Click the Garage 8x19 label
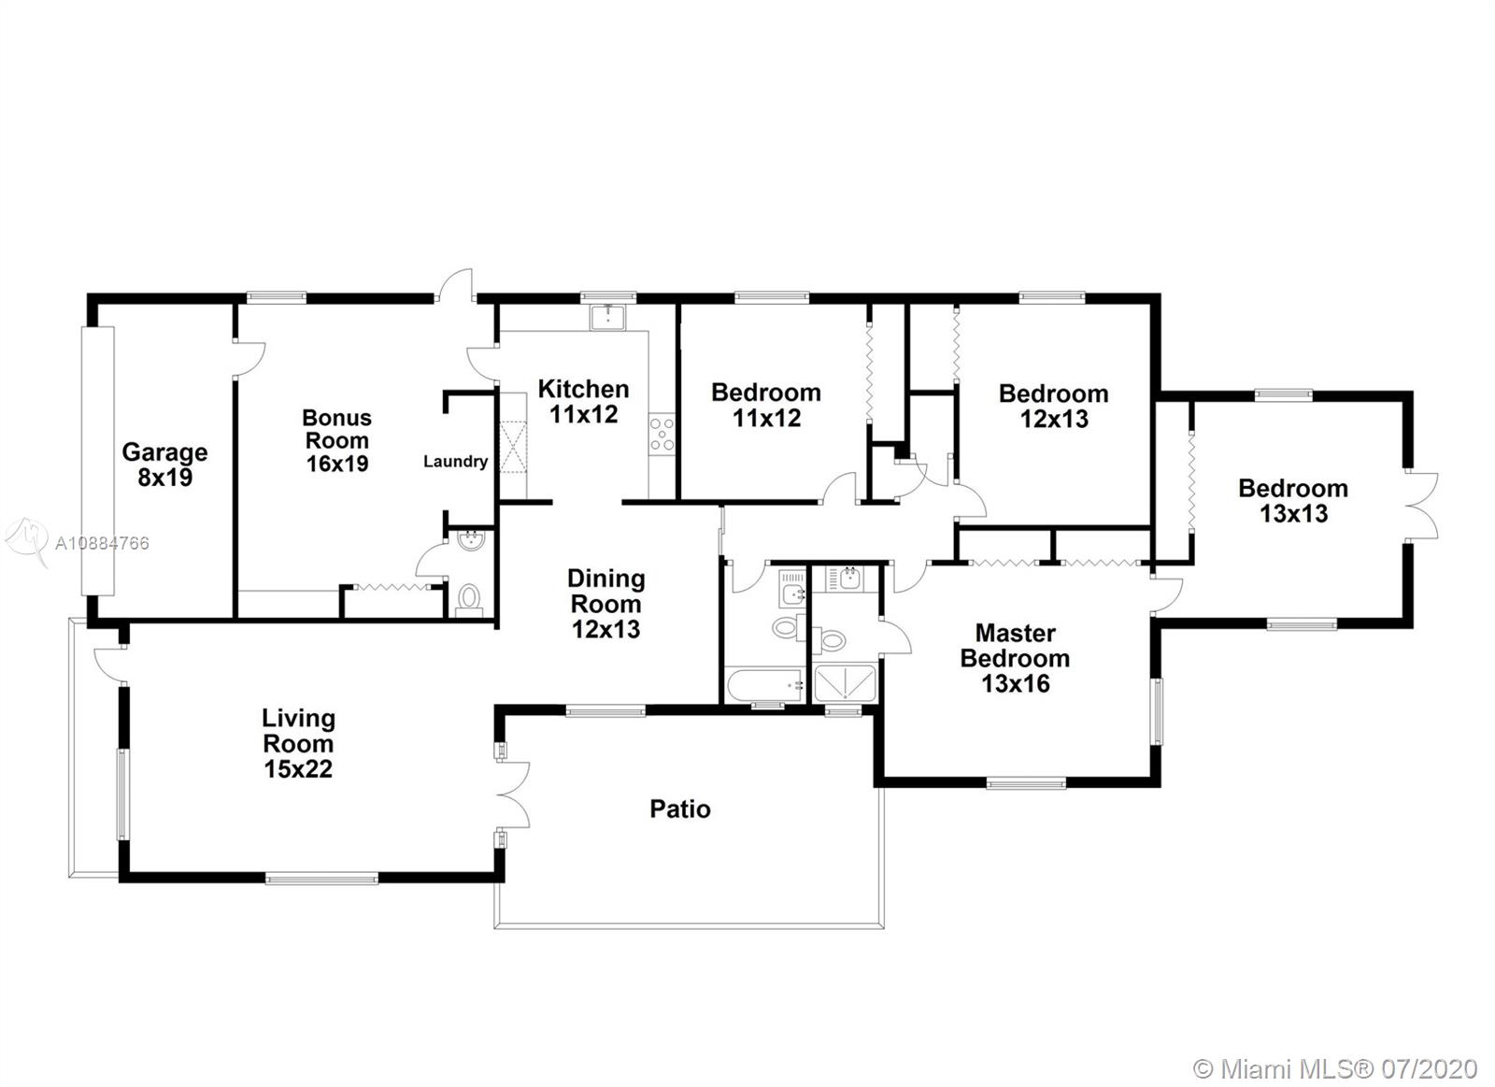click(x=164, y=465)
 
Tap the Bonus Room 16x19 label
click(x=337, y=440)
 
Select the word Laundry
click(x=456, y=462)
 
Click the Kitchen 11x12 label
click(x=583, y=401)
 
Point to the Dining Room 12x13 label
click(x=606, y=604)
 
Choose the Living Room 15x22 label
click(x=298, y=743)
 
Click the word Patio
click(x=680, y=809)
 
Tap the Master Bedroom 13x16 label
click(x=1015, y=658)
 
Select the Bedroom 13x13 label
click(x=1293, y=501)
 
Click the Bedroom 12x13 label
click(x=1054, y=406)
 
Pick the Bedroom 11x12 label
click(x=766, y=405)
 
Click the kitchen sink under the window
click(x=607, y=317)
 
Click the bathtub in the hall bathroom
click(x=764, y=685)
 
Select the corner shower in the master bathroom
click(x=845, y=683)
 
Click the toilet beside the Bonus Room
click(x=470, y=599)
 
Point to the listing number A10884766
click(x=102, y=544)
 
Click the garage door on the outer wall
click(x=97, y=461)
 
